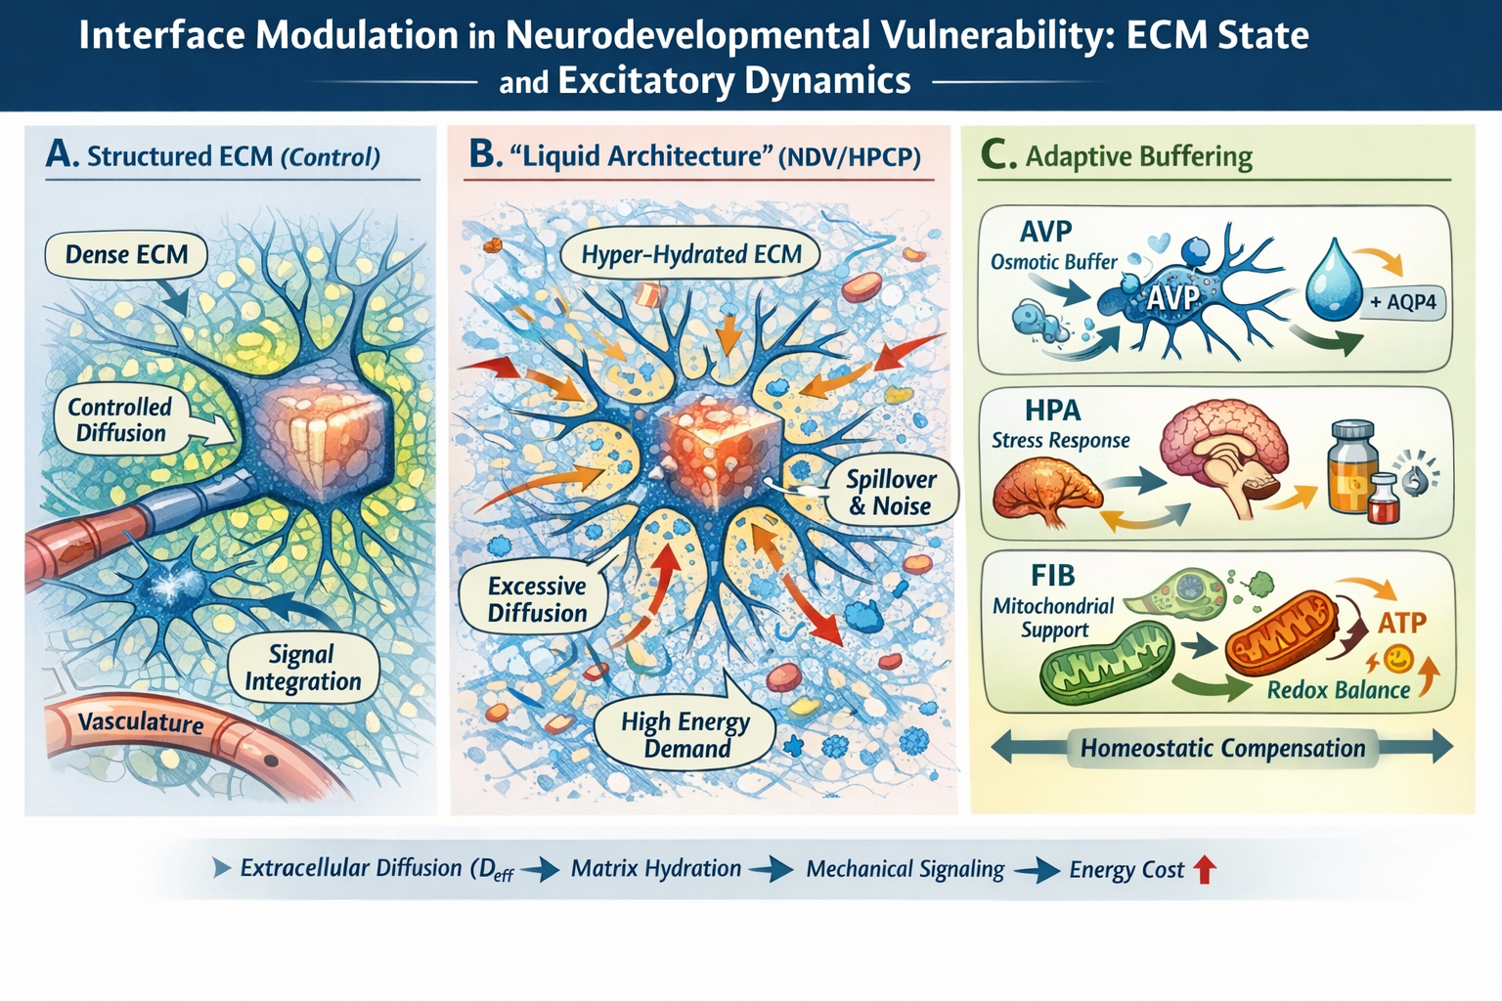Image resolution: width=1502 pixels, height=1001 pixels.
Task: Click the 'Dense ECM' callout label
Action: point(126,255)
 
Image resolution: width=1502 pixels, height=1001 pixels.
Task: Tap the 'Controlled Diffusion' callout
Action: point(120,420)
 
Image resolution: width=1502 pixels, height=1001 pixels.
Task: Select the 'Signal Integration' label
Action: point(302,668)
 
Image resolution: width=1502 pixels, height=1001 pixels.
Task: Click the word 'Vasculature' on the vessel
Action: point(141,722)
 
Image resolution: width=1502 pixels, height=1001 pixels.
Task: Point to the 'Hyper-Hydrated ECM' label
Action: point(690,255)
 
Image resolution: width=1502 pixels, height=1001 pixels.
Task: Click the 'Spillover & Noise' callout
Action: point(890,493)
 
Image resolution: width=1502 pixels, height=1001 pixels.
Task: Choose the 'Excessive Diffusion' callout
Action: point(537,599)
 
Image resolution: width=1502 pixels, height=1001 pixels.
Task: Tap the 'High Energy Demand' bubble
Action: point(685,735)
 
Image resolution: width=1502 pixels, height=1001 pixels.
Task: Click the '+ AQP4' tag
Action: point(1402,302)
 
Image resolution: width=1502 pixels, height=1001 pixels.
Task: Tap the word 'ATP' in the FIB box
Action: point(1401,623)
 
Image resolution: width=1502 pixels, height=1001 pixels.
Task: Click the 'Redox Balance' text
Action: point(1338,690)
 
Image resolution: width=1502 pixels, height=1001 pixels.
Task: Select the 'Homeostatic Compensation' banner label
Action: point(1222,749)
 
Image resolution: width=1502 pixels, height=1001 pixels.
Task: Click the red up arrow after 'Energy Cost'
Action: point(1205,869)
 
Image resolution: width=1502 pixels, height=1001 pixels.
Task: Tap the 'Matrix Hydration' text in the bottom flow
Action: point(655,868)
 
